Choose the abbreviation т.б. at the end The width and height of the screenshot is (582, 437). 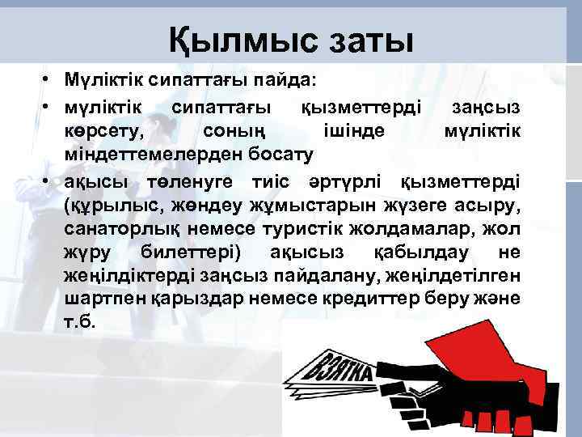point(79,321)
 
